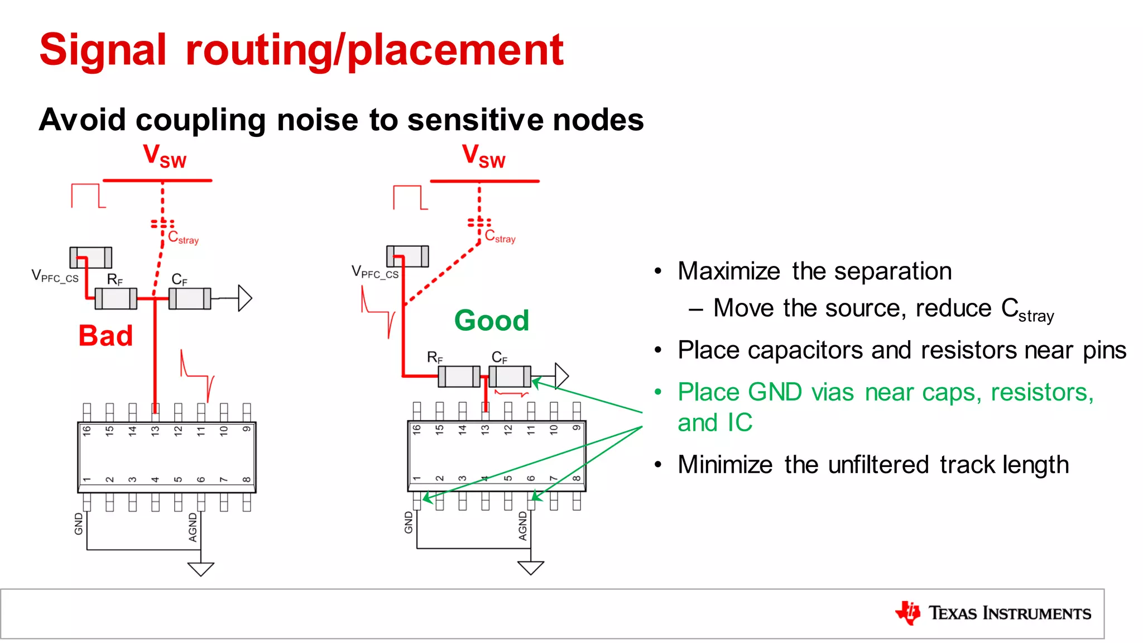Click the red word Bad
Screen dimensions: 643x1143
click(x=105, y=336)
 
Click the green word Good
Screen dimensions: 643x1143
click(x=492, y=321)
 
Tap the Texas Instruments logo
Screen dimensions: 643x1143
click(x=993, y=613)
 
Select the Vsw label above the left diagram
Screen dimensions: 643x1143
click(x=164, y=156)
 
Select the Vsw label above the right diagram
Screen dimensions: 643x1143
click(x=483, y=156)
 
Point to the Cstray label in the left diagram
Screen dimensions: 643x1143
click(x=183, y=237)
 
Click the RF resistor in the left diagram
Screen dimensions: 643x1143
click(x=116, y=298)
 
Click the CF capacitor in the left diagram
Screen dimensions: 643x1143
click(x=190, y=298)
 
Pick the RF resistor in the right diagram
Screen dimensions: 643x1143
click(x=459, y=376)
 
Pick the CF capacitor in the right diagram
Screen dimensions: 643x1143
click(x=510, y=376)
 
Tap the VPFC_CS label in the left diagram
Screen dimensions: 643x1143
click(x=55, y=276)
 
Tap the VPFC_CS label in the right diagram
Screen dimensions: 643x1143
click(x=374, y=272)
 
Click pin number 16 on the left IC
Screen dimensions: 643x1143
click(x=87, y=430)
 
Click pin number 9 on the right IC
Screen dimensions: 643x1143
click(x=577, y=428)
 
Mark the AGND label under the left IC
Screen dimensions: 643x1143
click(x=193, y=527)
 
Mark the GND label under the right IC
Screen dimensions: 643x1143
click(x=409, y=522)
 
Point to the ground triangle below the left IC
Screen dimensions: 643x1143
click(x=201, y=569)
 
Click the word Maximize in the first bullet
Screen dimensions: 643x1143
click(x=729, y=272)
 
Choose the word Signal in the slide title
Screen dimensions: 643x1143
click(x=103, y=50)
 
